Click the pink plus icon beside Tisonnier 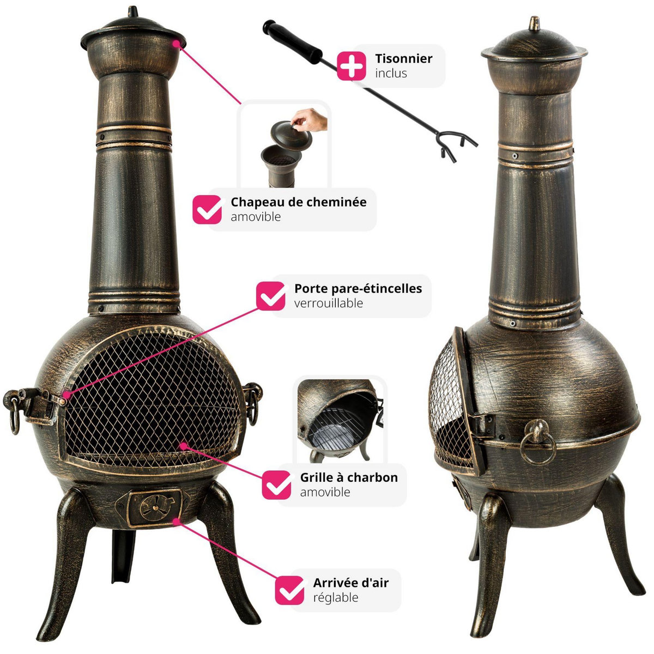point(352,66)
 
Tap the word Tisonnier point(403,58)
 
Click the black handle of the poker point(292,41)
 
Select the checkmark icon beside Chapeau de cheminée point(207,209)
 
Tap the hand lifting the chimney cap point(309,119)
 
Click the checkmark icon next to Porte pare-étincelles point(270,296)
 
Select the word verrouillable point(329,303)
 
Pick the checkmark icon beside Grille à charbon point(277,485)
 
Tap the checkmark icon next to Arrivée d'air point(289,590)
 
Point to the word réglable point(336,598)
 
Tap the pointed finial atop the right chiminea point(535,24)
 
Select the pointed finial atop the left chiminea point(133,12)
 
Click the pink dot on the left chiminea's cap point(176,44)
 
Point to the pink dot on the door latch point(66,395)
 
